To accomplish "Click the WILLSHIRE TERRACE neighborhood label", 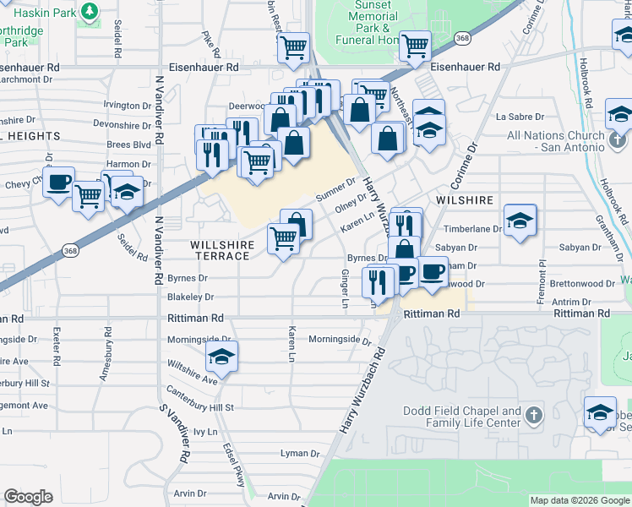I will coord(221,250).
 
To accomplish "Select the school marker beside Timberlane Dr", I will coord(520,221).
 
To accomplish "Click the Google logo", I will coord(28,497).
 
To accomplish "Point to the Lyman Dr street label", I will coord(301,454).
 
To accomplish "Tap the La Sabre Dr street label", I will coord(517,117).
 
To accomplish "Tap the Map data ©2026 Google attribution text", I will coord(579,500).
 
